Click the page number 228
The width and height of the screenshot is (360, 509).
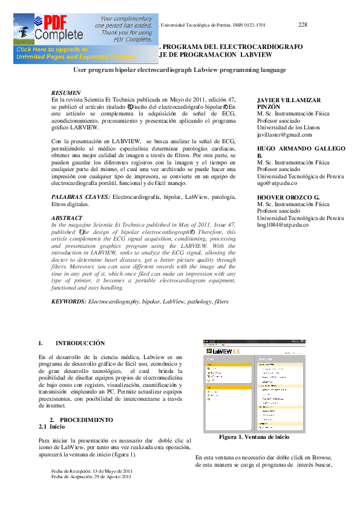pyautogui.click(x=303, y=24)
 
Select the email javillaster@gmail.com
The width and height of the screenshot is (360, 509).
pyautogui.click(x=284, y=135)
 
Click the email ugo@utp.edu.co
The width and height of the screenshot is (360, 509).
pyautogui.click(x=277, y=183)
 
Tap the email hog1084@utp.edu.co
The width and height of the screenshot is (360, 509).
pyautogui.click(x=283, y=225)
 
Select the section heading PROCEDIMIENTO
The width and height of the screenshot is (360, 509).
pyautogui.click(x=86, y=420)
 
